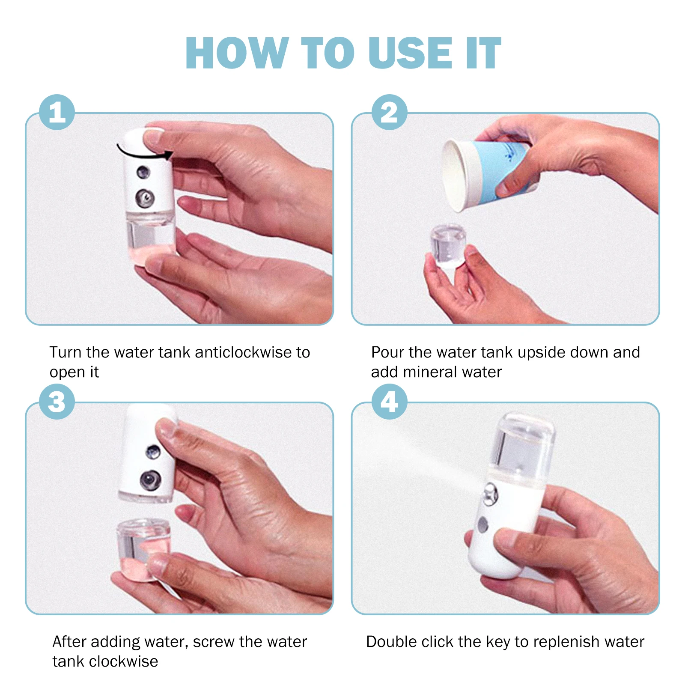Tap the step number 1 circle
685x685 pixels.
[57, 112]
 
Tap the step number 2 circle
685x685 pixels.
[389, 112]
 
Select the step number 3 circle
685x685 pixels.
[57, 402]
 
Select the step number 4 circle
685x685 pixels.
[389, 402]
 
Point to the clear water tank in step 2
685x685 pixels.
[448, 245]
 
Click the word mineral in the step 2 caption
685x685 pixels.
[430, 372]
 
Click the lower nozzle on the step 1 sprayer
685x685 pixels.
[145, 198]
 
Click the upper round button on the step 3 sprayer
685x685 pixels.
[153, 451]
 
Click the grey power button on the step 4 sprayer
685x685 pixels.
[483, 524]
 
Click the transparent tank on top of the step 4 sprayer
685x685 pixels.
[524, 445]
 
